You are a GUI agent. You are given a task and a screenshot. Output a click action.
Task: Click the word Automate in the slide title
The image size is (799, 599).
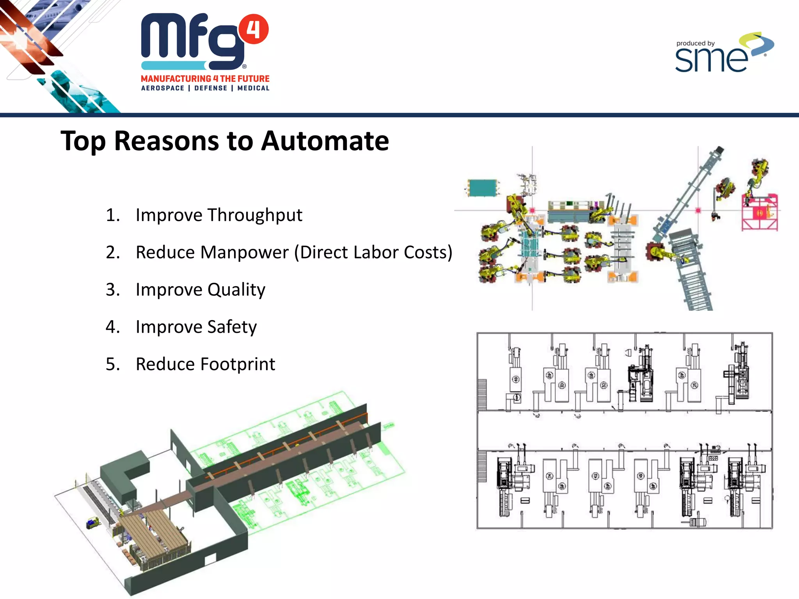tap(325, 141)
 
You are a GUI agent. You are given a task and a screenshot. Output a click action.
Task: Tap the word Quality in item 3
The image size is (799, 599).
tap(236, 290)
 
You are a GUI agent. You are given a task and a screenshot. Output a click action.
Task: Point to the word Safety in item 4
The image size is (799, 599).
tap(232, 327)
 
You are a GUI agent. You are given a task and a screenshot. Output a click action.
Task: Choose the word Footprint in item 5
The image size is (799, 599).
tap(238, 364)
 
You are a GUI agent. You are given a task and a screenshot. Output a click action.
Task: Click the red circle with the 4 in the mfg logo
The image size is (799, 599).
tap(254, 29)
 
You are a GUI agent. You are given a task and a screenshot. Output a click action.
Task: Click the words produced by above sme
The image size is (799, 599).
tap(695, 43)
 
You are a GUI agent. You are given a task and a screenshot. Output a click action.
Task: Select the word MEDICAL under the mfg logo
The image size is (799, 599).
tap(253, 88)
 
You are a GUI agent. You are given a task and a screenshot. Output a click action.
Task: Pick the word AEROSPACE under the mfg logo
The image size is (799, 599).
tap(163, 88)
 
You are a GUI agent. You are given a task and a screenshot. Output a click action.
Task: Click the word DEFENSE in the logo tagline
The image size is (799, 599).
tap(211, 88)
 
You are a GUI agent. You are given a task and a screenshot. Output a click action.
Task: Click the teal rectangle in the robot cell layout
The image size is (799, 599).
tap(482, 188)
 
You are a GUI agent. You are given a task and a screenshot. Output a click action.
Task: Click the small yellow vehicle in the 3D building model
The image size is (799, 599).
tap(93, 522)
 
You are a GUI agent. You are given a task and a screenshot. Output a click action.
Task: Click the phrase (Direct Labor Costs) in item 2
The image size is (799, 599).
tap(373, 252)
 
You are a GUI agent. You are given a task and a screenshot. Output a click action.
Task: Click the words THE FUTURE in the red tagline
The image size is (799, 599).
tap(245, 79)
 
